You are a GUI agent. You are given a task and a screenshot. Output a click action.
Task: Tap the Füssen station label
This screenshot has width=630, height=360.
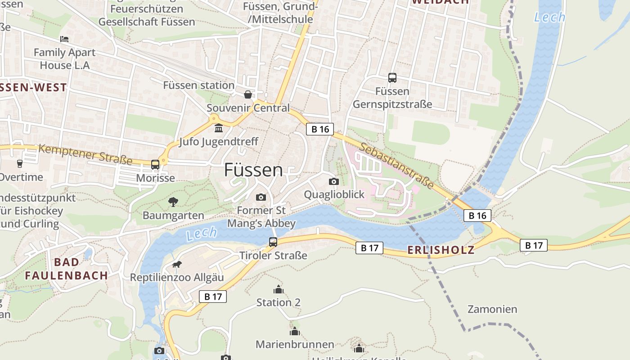(x=198, y=85)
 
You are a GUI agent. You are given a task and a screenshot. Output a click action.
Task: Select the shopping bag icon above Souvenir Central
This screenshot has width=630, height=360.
(x=247, y=94)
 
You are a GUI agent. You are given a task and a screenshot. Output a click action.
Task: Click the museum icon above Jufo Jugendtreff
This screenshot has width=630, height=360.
(x=219, y=129)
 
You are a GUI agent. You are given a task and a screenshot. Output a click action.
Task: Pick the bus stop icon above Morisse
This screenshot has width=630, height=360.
(x=155, y=165)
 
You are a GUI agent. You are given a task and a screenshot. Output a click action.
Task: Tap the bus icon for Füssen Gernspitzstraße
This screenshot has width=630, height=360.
(x=392, y=78)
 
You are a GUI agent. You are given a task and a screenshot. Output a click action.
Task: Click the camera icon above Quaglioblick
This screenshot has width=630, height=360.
(x=334, y=181)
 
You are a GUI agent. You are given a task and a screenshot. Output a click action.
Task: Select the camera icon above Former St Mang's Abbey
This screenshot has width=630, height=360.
(x=261, y=197)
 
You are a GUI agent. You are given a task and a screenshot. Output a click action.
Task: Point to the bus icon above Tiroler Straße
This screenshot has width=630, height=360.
(x=273, y=242)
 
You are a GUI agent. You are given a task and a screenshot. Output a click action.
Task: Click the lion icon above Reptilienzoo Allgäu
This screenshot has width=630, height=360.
(x=176, y=264)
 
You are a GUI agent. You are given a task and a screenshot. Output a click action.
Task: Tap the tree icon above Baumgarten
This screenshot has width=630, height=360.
(x=173, y=202)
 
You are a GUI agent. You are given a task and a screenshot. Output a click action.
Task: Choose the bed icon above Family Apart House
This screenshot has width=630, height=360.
(x=64, y=39)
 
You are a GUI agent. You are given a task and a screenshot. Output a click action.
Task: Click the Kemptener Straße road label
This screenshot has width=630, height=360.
(x=85, y=154)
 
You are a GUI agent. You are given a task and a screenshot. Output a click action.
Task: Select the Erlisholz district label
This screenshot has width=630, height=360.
(x=441, y=250)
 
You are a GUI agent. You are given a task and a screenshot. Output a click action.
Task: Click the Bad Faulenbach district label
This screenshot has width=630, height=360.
(x=66, y=269)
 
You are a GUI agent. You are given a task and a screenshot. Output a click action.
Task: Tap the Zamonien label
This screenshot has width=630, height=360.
(x=492, y=309)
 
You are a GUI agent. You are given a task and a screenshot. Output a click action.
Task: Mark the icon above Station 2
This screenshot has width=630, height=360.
(x=279, y=289)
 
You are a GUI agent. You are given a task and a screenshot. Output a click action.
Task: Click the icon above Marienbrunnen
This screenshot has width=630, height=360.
(x=295, y=332)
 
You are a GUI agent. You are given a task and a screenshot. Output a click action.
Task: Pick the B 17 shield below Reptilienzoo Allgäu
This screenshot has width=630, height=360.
(x=213, y=297)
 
